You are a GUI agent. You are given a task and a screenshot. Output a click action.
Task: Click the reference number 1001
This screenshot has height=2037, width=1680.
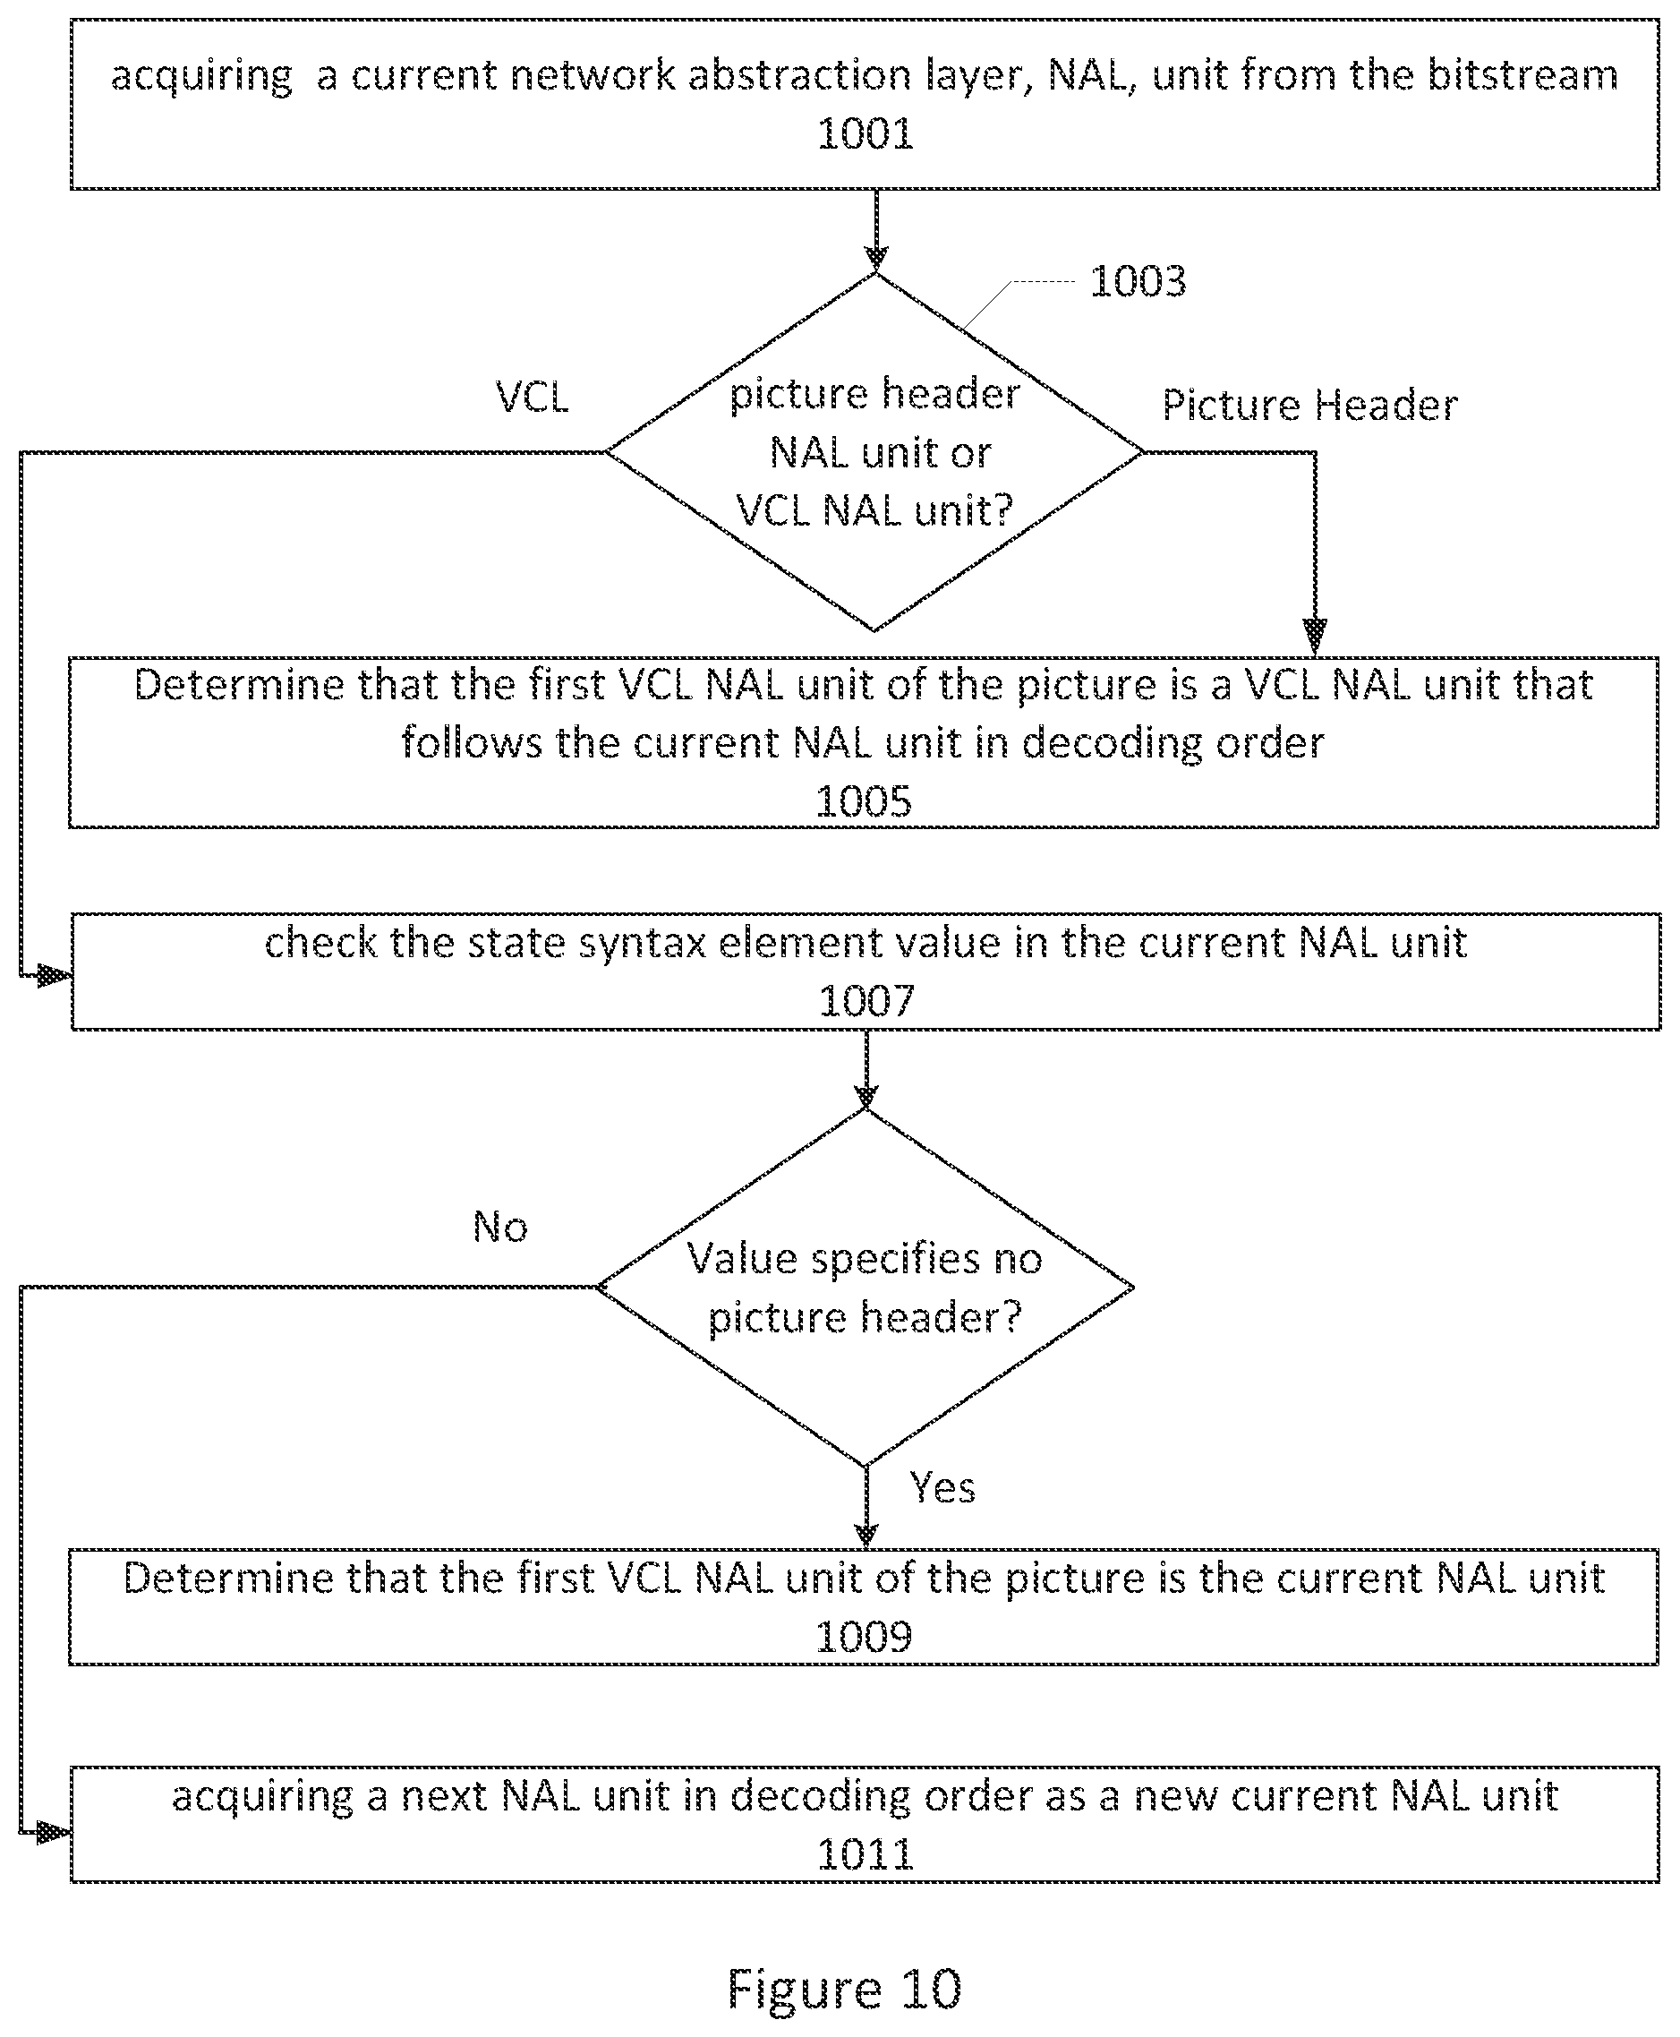[866, 133]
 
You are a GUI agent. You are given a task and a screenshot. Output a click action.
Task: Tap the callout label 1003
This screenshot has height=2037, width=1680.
[1138, 282]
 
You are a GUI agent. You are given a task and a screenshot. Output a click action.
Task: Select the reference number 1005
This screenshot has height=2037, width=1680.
[863, 801]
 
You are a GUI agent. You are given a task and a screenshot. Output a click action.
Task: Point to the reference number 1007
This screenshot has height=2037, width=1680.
[866, 1000]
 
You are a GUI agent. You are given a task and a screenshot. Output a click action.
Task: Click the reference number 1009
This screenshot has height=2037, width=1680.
[863, 1637]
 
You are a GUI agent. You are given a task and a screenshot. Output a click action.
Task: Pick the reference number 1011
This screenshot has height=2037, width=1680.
[866, 1854]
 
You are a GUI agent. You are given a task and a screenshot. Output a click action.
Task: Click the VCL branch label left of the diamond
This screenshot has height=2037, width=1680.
[533, 397]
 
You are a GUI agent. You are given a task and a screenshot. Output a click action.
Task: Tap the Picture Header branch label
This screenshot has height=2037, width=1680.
[1309, 405]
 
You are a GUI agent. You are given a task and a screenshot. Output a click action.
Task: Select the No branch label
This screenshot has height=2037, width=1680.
[500, 1228]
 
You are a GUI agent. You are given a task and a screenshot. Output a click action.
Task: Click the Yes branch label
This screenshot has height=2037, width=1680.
[942, 1488]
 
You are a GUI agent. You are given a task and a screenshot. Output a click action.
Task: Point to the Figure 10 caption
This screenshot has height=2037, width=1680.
[844, 1990]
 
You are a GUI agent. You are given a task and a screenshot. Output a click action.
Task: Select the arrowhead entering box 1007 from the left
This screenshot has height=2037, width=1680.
[55, 976]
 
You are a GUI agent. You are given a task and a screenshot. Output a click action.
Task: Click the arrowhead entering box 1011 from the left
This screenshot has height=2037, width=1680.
[55, 1832]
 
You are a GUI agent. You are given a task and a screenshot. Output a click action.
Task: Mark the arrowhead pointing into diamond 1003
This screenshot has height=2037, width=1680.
[876, 260]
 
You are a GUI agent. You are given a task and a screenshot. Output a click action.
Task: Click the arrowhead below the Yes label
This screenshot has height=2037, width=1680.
[866, 1535]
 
